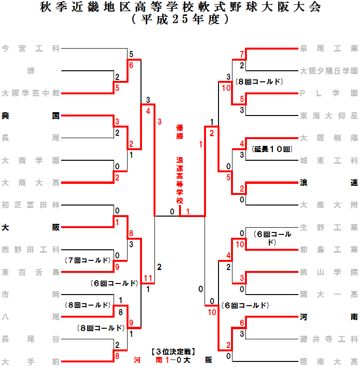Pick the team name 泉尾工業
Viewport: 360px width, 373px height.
pyautogui.click(x=329, y=48)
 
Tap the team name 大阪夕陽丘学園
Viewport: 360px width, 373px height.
pyautogui.click(x=329, y=70)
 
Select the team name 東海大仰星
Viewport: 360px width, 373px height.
pyautogui.click(x=329, y=116)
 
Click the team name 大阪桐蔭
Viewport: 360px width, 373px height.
pyautogui.click(x=329, y=138)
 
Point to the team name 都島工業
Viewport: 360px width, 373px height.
pyautogui.click(x=329, y=249)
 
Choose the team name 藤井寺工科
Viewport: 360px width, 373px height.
pyautogui.click(x=329, y=339)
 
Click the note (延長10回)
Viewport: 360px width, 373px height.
pyautogui.click(x=272, y=149)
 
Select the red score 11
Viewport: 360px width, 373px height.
pyautogui.click(x=148, y=278)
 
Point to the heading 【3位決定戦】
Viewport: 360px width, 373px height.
pyautogui.click(x=173, y=351)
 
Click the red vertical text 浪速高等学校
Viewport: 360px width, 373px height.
pyautogui.click(x=180, y=180)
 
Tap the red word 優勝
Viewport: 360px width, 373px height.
pyautogui.click(x=180, y=132)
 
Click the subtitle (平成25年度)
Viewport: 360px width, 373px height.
pyautogui.click(x=180, y=20)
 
